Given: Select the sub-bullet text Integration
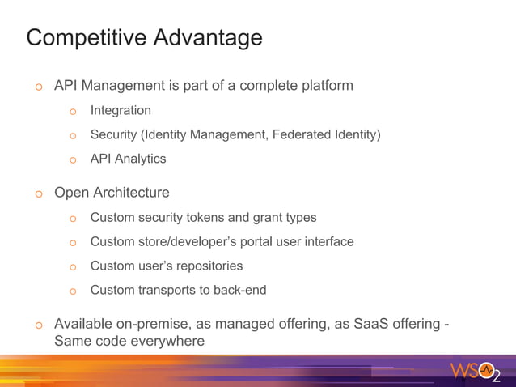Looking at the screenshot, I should click(121, 110).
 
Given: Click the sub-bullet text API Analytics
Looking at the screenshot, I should click(128, 159).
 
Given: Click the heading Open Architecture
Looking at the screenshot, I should click(112, 193).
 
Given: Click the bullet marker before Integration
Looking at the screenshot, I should click(72, 112).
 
